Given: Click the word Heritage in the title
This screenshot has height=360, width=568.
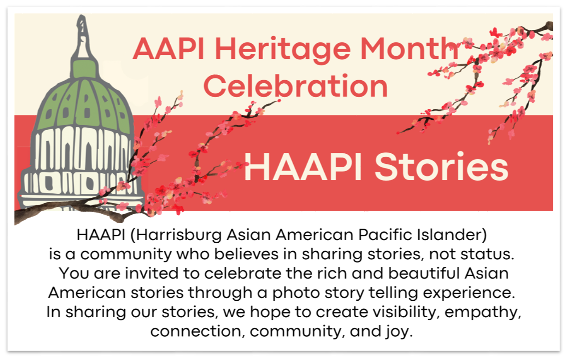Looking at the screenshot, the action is tap(283, 50).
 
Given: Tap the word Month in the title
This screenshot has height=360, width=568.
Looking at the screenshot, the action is tap(410, 48).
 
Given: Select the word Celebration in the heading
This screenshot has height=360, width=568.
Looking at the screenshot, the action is tap(296, 86).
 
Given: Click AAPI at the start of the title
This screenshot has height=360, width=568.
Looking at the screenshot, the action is tap(169, 49).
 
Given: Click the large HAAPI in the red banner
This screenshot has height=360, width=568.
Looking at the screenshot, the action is tap(303, 167).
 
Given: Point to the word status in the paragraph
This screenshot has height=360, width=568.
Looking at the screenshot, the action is tap(487, 254).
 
